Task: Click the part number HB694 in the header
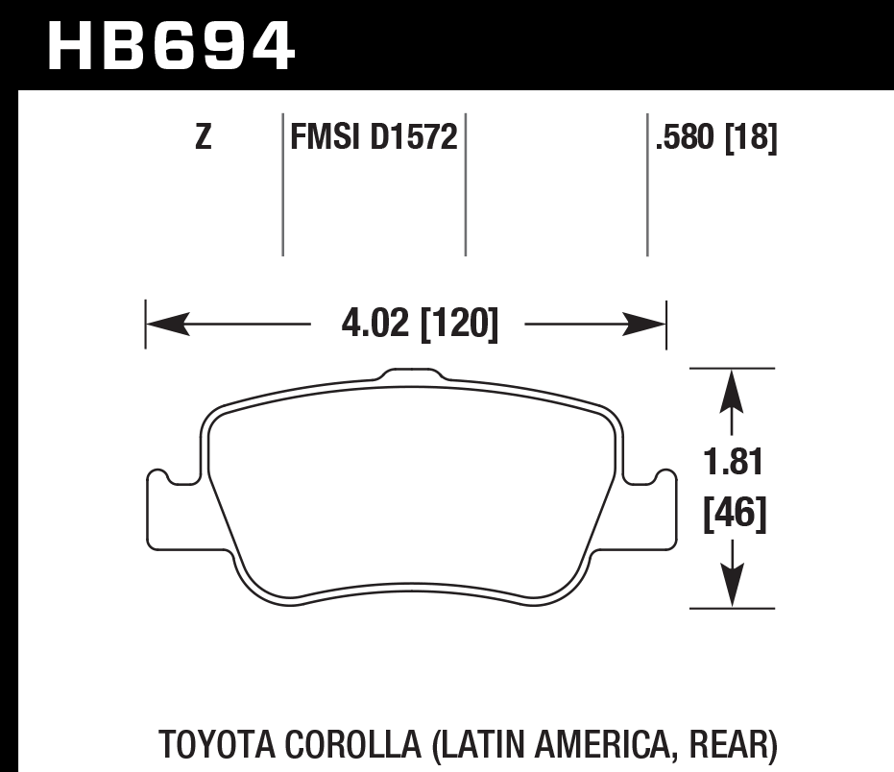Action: [x=170, y=45]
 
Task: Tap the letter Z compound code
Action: [x=203, y=139]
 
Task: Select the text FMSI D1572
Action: [x=374, y=139]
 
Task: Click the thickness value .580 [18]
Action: [x=715, y=139]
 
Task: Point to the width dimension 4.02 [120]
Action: [x=420, y=326]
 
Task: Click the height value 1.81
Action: [x=735, y=464]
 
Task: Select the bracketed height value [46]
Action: [x=735, y=516]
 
